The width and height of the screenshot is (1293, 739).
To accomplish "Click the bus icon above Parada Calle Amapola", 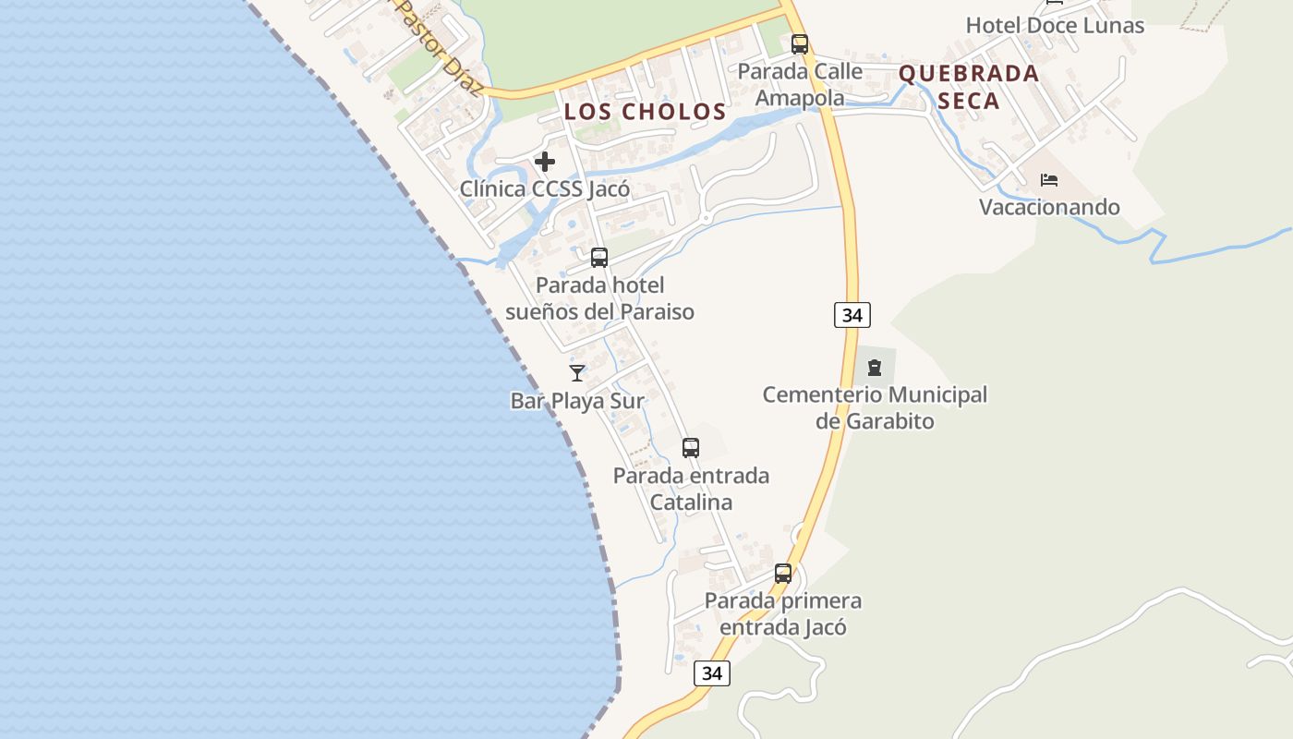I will pyautogui.click(x=800, y=43).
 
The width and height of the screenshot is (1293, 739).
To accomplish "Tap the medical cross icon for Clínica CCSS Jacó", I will pyautogui.click(x=545, y=162).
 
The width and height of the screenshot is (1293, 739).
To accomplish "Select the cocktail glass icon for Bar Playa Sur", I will pyautogui.click(x=577, y=372).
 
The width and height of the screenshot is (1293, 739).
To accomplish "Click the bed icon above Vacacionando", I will pyautogui.click(x=1048, y=179).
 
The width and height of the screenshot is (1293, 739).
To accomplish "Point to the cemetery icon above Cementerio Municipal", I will pyautogui.click(x=874, y=368).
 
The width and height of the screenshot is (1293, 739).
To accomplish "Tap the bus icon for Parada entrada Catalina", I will pyautogui.click(x=690, y=448).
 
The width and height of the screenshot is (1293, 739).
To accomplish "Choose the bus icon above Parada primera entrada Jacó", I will pyautogui.click(x=782, y=574).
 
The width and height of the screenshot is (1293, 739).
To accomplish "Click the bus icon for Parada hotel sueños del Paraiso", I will pyautogui.click(x=599, y=258).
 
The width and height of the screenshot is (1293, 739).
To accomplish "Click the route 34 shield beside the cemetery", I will pyautogui.click(x=852, y=315).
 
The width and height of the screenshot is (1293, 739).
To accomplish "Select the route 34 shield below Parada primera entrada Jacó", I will pyautogui.click(x=711, y=673).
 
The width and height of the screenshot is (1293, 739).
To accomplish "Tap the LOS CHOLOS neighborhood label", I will pyautogui.click(x=646, y=112).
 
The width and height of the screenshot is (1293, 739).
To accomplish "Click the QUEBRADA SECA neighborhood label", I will pyautogui.click(x=969, y=87).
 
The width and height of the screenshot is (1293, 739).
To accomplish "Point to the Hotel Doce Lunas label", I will pyautogui.click(x=1055, y=25).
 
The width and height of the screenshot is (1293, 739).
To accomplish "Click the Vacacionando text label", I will pyautogui.click(x=1049, y=207).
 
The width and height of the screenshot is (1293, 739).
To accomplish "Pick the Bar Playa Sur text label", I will pyautogui.click(x=577, y=401).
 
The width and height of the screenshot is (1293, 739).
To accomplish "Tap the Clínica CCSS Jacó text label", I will pyautogui.click(x=545, y=189).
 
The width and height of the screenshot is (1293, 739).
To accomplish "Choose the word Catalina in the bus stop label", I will pyautogui.click(x=691, y=503).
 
